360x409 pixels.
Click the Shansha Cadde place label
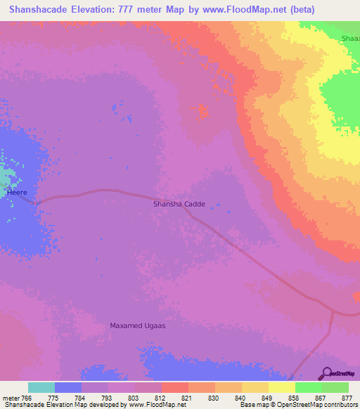tap(179, 204)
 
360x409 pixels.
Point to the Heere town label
tap(17, 191)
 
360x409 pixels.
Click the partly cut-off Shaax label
tap(349, 38)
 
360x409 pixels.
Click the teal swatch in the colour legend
tap(41, 387)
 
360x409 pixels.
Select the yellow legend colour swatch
tap(281, 387)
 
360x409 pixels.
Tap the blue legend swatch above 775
tap(68, 387)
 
